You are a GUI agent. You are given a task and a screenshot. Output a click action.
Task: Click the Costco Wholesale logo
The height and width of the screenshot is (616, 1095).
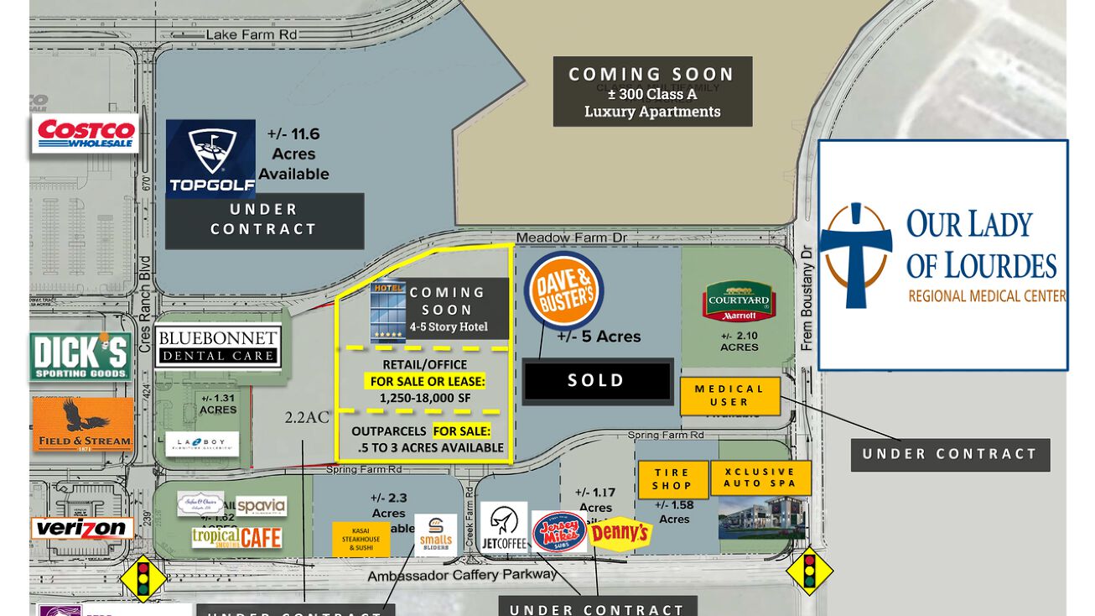tap(85, 133)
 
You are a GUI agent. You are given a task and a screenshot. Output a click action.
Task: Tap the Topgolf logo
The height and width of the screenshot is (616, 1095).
tap(210, 158)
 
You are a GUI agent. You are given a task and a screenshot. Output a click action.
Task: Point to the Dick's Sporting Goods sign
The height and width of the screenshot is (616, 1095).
tap(80, 356)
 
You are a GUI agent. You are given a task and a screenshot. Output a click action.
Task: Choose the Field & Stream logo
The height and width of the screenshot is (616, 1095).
tap(83, 424)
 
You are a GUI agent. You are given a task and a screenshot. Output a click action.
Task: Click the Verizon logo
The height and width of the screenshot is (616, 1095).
tap(82, 529)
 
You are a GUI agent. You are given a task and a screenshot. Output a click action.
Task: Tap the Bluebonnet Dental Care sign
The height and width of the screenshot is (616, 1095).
tap(217, 347)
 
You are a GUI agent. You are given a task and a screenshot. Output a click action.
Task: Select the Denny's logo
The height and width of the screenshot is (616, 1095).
tap(620, 533)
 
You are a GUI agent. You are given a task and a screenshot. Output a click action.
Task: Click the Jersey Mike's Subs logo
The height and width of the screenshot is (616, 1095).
tap(558, 532)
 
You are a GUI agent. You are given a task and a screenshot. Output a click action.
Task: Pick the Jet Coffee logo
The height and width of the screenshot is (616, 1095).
tap(504, 528)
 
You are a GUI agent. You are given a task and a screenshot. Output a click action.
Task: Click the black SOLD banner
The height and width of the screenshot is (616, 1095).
tap(597, 381)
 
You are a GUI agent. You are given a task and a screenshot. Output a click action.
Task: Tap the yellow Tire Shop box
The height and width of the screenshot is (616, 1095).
tap(672, 479)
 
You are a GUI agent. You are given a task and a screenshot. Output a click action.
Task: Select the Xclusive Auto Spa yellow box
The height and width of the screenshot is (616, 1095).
tap(760, 478)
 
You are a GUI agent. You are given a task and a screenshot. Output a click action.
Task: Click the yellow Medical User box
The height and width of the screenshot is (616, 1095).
tap(729, 395)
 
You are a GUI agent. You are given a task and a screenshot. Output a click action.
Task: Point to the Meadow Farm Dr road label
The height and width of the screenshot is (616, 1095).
tap(571, 238)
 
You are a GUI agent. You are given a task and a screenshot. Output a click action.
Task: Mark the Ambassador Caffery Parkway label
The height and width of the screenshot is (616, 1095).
tap(461, 575)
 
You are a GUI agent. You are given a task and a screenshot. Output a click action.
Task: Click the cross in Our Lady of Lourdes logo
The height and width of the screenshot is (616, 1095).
tap(854, 254)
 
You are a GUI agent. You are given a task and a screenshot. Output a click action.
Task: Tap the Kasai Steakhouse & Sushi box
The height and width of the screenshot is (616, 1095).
tap(361, 539)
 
